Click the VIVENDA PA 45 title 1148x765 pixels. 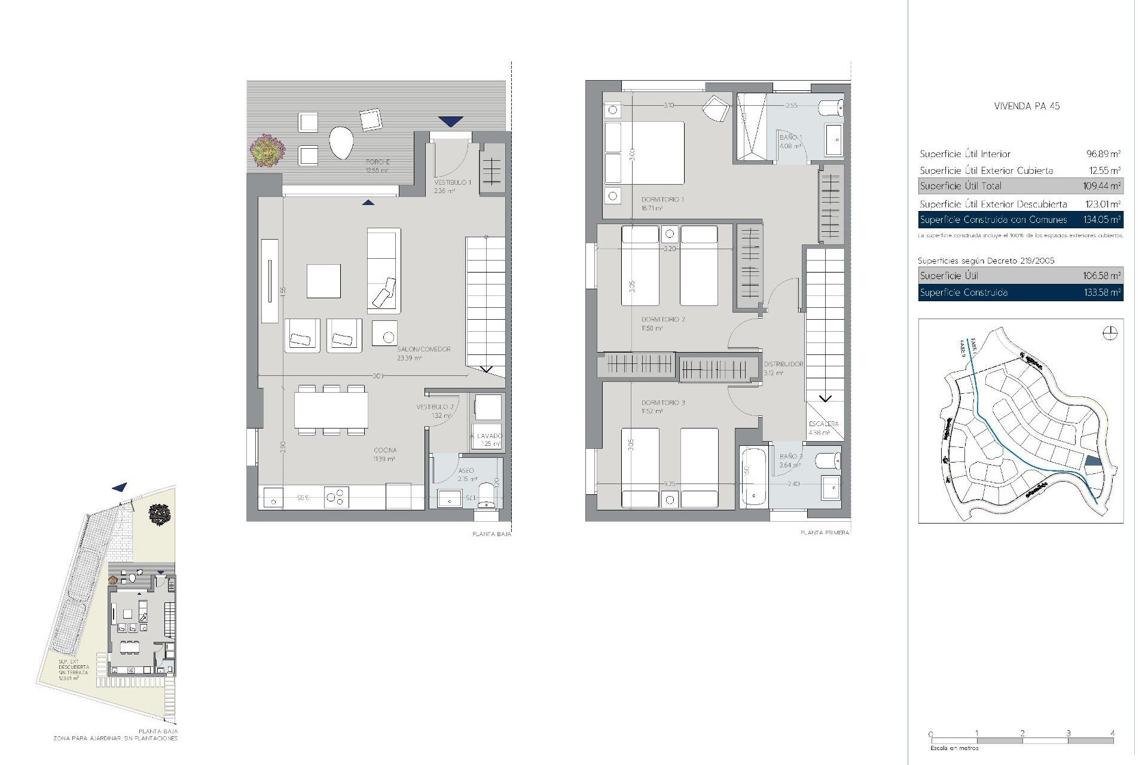(x=1027, y=106)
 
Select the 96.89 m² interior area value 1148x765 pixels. (x=1103, y=154)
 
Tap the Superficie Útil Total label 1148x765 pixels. (x=960, y=186)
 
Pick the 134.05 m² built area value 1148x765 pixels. (x=1102, y=220)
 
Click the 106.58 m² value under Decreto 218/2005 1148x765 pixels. (x=1102, y=276)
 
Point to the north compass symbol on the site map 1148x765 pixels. (x=1110, y=333)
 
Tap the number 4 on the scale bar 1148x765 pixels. (x=1112, y=733)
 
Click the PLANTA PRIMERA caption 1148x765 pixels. (x=825, y=533)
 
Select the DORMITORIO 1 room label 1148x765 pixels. (x=662, y=200)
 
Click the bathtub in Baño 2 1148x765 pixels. (x=753, y=476)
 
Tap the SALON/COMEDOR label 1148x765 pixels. (x=424, y=349)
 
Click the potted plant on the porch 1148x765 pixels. (x=267, y=150)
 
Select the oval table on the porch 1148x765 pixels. (x=341, y=143)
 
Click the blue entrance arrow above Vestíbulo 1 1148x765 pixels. (x=450, y=121)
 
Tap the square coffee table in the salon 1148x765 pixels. (x=323, y=281)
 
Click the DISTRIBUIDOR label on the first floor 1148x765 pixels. (x=783, y=364)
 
